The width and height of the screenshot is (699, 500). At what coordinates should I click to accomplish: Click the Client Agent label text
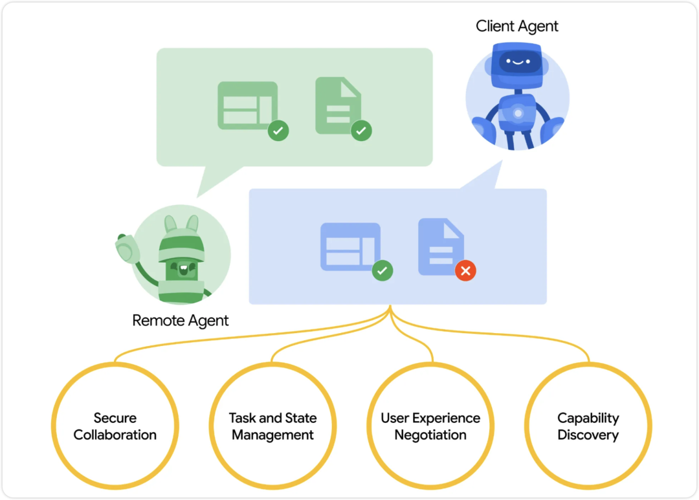click(516, 27)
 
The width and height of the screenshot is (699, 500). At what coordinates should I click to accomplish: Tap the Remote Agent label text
click(181, 320)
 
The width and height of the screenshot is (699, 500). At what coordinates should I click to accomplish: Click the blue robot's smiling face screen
click(516, 62)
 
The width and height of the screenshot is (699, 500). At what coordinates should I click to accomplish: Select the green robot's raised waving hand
click(126, 246)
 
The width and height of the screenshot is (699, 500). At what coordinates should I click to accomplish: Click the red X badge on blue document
click(465, 270)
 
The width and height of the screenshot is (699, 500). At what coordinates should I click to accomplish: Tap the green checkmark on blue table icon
click(383, 270)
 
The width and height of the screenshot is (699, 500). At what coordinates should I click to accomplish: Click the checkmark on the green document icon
click(361, 131)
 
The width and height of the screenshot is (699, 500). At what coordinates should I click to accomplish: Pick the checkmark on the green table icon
click(278, 131)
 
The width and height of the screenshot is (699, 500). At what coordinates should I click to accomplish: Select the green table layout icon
click(247, 105)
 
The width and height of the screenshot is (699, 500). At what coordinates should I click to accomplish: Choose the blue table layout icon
click(350, 246)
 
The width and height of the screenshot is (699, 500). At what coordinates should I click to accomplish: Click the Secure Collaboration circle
click(115, 426)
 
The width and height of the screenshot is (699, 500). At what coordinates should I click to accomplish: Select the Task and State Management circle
click(273, 426)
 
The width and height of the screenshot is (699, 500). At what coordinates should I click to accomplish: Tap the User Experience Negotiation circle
click(430, 426)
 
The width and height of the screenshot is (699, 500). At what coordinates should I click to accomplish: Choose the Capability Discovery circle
click(588, 426)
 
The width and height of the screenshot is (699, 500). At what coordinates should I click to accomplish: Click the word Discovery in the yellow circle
click(588, 435)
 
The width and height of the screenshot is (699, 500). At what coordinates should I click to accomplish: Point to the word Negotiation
click(430, 435)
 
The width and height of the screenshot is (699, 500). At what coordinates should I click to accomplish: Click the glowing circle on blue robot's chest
click(518, 113)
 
